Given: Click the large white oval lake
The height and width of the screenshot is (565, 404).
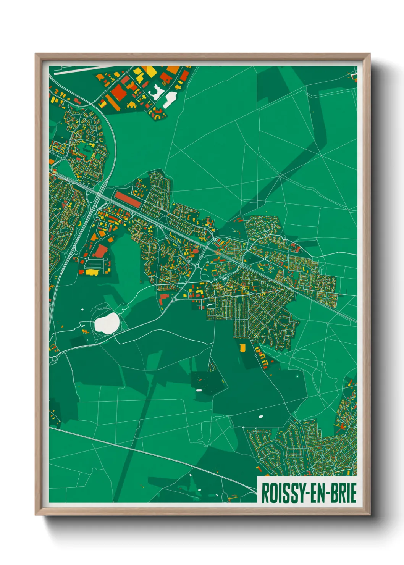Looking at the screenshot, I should point(107,323).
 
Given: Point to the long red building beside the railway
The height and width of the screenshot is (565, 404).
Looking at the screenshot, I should point(128,200).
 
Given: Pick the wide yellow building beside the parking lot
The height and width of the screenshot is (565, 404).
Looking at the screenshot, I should point(92,272).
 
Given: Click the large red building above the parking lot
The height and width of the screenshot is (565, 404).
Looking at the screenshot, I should point(100,251).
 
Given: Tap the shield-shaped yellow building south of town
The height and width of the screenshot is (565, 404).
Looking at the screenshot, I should point(242,348).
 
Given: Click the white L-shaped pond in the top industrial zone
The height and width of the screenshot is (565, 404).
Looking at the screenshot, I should point(157,92).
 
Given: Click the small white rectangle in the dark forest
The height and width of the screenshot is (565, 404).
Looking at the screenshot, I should point(199,390).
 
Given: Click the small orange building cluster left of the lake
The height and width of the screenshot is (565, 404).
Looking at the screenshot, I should point(86,331).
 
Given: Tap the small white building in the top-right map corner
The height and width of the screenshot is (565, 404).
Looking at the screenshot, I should point(353,76).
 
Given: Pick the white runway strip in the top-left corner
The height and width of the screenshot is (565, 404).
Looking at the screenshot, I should point(73,71).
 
